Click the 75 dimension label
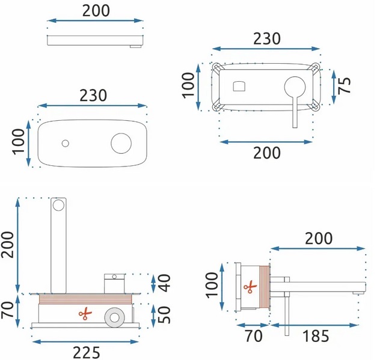[x=344, y=85]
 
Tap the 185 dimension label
[x=316, y=336]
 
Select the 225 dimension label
[x=87, y=353]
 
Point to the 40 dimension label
[x=165, y=282]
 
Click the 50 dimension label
[x=165, y=314]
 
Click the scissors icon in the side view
[x=250, y=287]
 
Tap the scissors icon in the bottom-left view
[x=85, y=313]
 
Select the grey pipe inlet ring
[x=115, y=317]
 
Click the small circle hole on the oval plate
[x=66, y=144]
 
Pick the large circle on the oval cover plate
[x=121, y=143]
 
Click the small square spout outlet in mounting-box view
[x=239, y=87]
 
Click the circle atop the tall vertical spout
[x=58, y=205]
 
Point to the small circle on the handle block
[x=114, y=277]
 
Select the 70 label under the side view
[x=254, y=336]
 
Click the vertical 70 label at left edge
[x=7, y=310]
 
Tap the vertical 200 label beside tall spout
[x=7, y=245]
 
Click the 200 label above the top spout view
[x=96, y=11]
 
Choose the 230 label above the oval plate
[x=93, y=95]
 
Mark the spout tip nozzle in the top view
[x=136, y=46]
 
